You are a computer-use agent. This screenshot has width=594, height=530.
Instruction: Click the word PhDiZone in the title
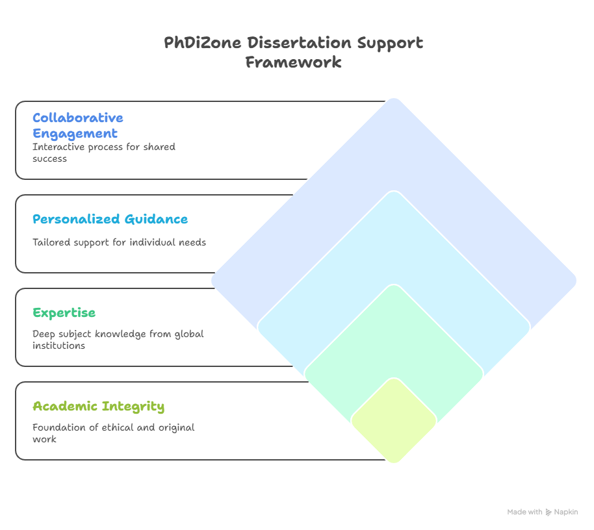click(202, 42)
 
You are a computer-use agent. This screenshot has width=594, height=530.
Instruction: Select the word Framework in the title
click(294, 62)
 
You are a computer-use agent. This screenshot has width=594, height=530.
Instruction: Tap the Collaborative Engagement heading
click(78, 125)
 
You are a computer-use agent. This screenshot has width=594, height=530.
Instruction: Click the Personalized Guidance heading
click(110, 219)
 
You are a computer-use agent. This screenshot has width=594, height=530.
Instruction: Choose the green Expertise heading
click(64, 312)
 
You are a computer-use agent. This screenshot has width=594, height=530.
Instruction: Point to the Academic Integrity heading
click(99, 407)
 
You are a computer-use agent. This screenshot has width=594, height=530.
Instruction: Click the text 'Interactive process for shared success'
click(104, 153)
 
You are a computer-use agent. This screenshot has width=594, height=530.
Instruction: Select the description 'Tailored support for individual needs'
click(120, 242)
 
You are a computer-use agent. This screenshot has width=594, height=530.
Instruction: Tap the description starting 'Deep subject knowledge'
click(118, 340)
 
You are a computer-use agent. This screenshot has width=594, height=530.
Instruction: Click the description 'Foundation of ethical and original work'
click(114, 433)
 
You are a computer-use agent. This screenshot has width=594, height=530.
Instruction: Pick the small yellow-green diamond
click(394, 421)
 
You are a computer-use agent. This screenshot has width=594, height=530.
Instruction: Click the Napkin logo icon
click(549, 512)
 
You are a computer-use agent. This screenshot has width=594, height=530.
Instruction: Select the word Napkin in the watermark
click(566, 512)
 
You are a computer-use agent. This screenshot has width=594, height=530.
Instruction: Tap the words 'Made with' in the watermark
click(524, 512)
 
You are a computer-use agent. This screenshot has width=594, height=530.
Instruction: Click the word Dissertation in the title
click(299, 42)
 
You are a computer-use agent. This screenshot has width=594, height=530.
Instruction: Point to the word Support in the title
click(390, 43)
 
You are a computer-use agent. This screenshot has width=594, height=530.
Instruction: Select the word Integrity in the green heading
click(133, 407)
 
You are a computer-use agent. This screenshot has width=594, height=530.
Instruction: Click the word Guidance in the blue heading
click(156, 219)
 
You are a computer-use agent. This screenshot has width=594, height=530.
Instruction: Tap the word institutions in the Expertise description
click(58, 346)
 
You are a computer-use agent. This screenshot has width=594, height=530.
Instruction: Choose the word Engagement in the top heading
click(75, 134)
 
